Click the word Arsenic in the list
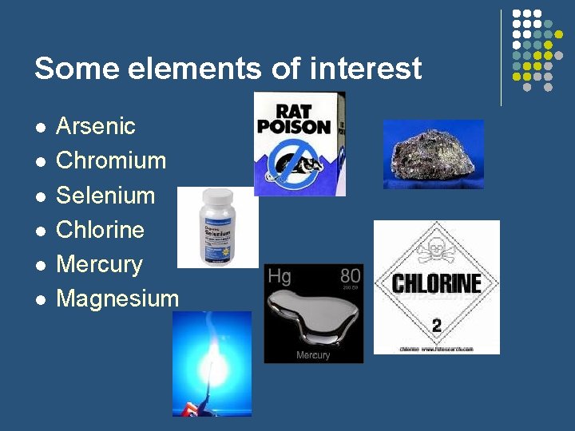pos(96,126)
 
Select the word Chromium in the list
pos(111,160)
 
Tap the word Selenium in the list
pos(105,195)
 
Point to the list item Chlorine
pos(100,230)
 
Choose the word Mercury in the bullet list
pos(99,264)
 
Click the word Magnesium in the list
pos(117,299)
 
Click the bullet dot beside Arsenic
pos(41,127)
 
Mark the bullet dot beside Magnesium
pos(41,299)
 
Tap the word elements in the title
pos(184,69)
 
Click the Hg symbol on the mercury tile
pos(280,276)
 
